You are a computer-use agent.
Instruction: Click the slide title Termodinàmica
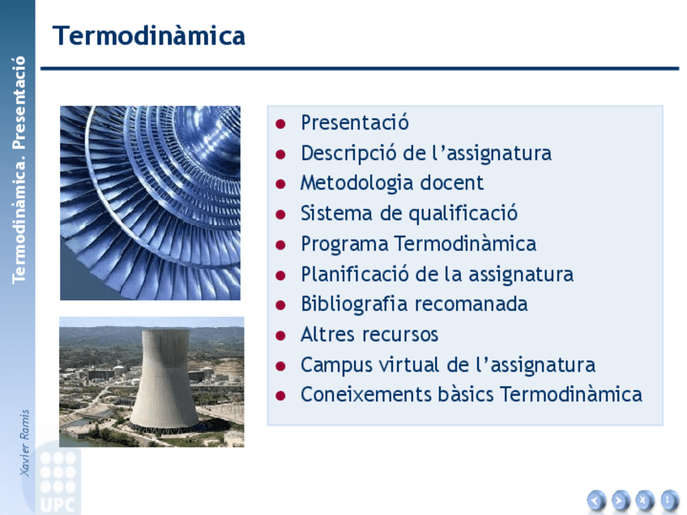[x=148, y=36]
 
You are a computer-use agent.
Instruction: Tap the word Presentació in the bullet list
[x=355, y=122]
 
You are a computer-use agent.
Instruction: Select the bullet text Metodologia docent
[x=392, y=183]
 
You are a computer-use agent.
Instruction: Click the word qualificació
[x=463, y=214]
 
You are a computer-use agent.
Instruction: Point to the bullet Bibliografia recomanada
[x=414, y=304]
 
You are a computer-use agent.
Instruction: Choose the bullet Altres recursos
[x=369, y=334]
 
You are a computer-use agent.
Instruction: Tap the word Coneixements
[x=366, y=394]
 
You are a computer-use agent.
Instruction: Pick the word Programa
[x=344, y=244]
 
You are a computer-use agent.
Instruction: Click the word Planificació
[x=355, y=275]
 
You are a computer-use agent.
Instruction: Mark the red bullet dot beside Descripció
[x=280, y=154]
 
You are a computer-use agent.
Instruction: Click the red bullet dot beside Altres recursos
[x=280, y=336]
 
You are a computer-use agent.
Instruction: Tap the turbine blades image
[x=151, y=202]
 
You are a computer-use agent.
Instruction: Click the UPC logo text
[x=57, y=505]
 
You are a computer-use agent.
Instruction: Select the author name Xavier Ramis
[x=24, y=443]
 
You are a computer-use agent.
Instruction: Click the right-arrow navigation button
[x=620, y=500]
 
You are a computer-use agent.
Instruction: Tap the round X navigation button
[x=644, y=500]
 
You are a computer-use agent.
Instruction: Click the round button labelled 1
[x=668, y=500]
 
